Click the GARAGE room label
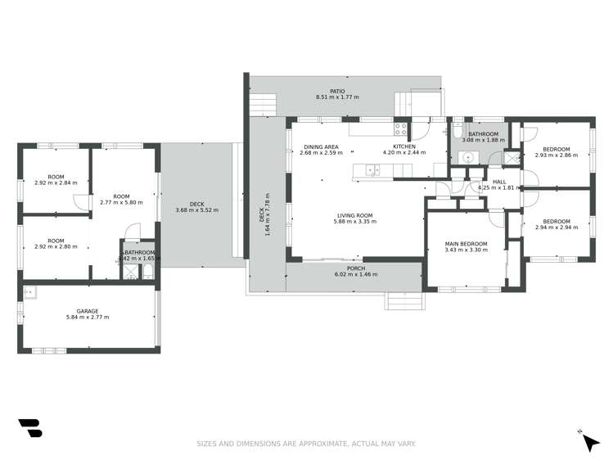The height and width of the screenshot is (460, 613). pyautogui.click(x=88, y=311)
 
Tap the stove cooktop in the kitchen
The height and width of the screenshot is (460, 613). pyautogui.click(x=401, y=129)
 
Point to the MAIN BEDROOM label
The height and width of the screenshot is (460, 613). pyautogui.click(x=466, y=244)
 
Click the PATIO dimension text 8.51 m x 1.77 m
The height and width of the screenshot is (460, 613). pyautogui.click(x=336, y=97)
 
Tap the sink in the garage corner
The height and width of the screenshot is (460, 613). pyautogui.click(x=29, y=291)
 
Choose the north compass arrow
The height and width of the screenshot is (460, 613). pyautogui.click(x=589, y=441)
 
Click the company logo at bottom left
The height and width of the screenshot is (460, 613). pyautogui.click(x=29, y=428)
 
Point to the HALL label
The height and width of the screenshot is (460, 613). pyautogui.click(x=499, y=183)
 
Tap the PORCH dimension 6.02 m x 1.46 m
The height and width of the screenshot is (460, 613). pyautogui.click(x=356, y=274)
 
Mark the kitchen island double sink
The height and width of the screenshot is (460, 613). pyautogui.click(x=372, y=170)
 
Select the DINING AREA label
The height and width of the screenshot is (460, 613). pyautogui.click(x=321, y=147)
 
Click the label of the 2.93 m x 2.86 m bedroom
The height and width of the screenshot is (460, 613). pyautogui.click(x=557, y=149)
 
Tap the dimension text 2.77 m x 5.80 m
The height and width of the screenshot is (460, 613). pyautogui.click(x=121, y=202)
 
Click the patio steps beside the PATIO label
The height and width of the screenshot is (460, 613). pyautogui.click(x=263, y=105)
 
